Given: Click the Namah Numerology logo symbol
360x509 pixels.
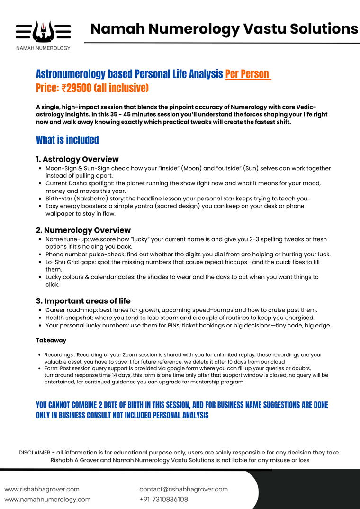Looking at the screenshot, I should point(43,31).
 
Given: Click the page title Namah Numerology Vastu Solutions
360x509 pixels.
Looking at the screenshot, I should point(224,29).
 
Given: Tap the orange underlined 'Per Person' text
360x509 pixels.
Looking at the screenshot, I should point(247,74).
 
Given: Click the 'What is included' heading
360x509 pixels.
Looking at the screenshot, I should point(67,140).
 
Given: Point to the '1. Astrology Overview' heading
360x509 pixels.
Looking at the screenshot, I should point(77,159).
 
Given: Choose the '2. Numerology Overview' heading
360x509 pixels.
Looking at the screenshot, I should point(83,230).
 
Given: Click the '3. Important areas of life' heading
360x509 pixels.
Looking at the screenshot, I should point(83,301).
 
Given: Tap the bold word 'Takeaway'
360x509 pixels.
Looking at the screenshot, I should point(51,340).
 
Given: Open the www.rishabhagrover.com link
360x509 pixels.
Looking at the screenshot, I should point(42,489).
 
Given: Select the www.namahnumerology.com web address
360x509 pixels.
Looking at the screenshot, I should point(47,499).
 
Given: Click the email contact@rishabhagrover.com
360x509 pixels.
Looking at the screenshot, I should point(183,489).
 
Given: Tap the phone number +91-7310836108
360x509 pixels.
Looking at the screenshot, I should point(163,499).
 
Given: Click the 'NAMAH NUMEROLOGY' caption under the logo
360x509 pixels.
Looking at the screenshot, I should point(43,48).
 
